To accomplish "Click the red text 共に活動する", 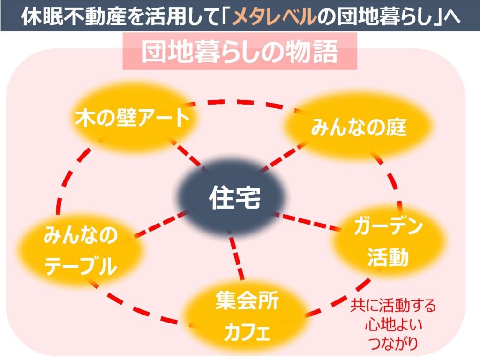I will pos(393,306).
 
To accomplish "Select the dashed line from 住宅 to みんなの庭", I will pos(281,157).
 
